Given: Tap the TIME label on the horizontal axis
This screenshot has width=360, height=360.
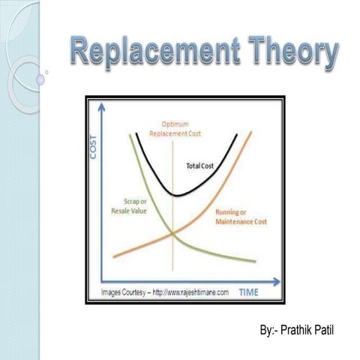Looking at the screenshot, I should [x=254, y=292].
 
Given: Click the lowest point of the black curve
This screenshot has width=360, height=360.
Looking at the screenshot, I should [x=175, y=194].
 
